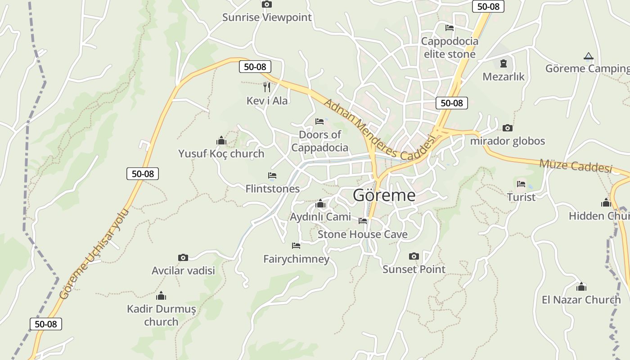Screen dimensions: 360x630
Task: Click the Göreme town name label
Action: [384, 195]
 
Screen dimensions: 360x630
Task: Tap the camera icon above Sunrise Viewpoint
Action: [267, 4]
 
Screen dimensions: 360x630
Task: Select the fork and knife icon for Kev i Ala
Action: [267, 87]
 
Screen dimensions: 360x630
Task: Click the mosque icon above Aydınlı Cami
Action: [320, 204]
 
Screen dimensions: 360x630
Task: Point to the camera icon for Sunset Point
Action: [414, 256]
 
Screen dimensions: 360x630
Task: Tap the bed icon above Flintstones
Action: [272, 175]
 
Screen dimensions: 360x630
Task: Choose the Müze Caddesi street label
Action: [576, 166]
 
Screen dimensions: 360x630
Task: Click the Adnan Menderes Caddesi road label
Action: [380, 130]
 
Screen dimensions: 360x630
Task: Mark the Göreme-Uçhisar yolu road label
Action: [94, 254]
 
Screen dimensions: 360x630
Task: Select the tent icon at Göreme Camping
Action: [588, 56]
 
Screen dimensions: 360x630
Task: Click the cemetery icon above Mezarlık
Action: [504, 63]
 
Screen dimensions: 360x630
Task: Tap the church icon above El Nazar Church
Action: [581, 287]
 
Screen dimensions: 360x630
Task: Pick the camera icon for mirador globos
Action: [508, 128]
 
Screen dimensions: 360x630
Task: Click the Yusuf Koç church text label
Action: [221, 153]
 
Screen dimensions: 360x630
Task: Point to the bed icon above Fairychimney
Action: [296, 246]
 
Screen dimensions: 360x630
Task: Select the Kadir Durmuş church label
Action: [162, 315]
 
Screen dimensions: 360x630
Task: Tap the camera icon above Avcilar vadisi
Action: [183, 257]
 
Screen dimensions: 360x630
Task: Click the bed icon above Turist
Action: [521, 184]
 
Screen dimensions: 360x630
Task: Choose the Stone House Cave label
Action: [363, 234]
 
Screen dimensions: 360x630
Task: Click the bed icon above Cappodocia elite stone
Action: [449, 28]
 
